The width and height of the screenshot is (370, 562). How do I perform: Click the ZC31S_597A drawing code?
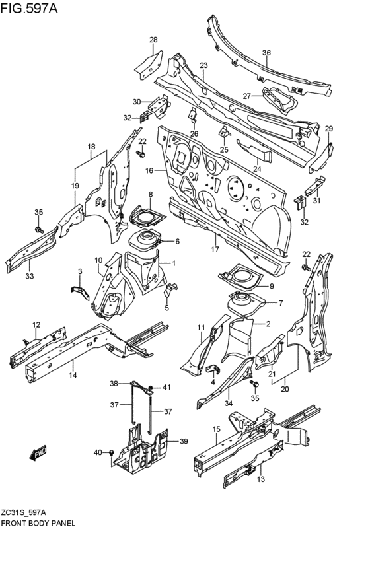pos(26,511)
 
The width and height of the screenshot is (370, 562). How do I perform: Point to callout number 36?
pos(266,53)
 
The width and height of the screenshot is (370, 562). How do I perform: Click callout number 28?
pos(153,40)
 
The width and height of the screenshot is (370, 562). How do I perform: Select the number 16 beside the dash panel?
pos(149,171)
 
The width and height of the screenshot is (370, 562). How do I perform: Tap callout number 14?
pos(73,375)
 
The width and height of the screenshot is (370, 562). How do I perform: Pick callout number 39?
pos(184,441)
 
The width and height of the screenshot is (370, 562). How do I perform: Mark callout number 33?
pos(29,276)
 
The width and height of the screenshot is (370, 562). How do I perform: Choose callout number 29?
pos(328,128)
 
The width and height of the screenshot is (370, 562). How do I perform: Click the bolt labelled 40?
pos(112,452)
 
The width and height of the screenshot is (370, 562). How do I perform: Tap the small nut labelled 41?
pos(152,387)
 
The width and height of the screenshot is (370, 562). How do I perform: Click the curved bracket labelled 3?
pos(79,291)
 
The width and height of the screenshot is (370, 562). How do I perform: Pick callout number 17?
pos(215,250)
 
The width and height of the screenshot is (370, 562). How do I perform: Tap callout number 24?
pos(257,169)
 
